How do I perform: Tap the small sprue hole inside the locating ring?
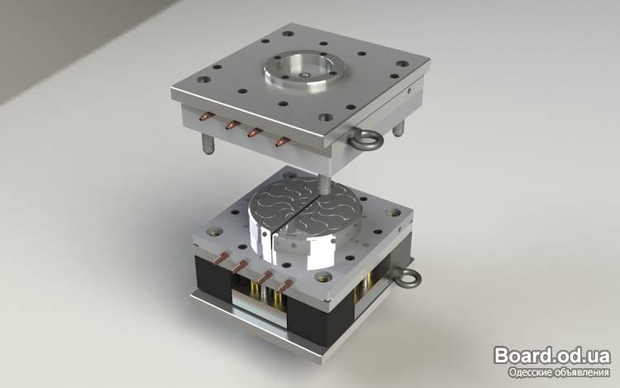point(304,74)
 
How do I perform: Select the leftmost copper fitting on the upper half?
point(207,117)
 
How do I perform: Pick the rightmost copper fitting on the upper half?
point(283,141)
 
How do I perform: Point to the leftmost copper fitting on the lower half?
point(221,258)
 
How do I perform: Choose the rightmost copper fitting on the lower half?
point(285,285)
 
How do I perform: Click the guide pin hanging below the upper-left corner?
point(208,144)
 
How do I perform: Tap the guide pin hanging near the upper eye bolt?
point(398,127)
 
